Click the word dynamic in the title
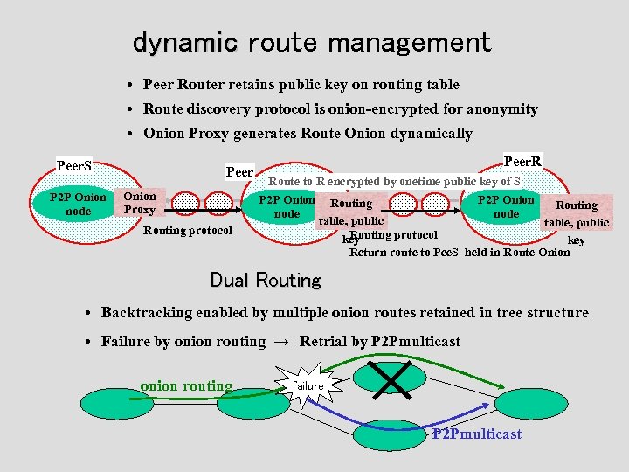pos(184,42)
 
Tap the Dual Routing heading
pos(266,281)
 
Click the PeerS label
pos(74,165)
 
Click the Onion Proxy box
pos(140,203)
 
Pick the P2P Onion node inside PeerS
pos(78,204)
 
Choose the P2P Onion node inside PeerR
pos(506,206)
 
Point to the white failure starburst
pos(307,385)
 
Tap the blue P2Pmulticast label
pos(477,434)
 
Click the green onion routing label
pos(186,386)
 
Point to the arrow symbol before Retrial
pos(282,341)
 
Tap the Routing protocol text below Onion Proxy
pos(187,231)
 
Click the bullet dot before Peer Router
pos(128,86)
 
